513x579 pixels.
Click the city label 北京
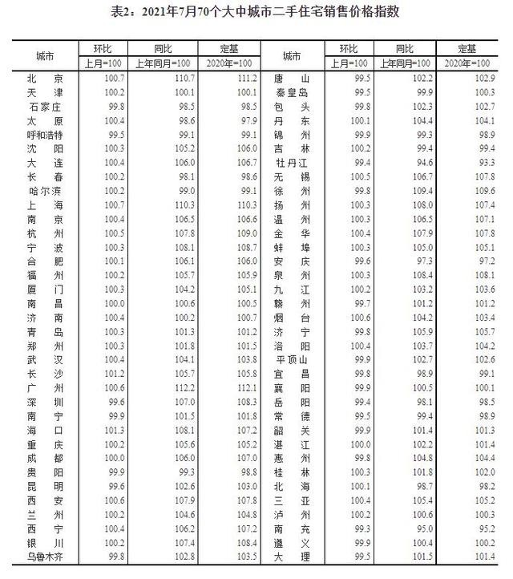[45, 78]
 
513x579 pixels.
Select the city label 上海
[45, 206]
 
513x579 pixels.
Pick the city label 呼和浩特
[45, 135]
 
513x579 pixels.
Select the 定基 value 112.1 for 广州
[246, 389]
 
